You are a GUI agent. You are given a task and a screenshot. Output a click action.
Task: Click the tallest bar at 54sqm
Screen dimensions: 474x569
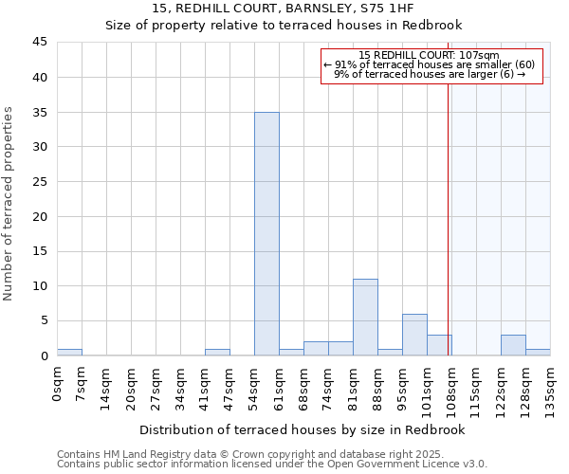pyautogui.click(x=266, y=234)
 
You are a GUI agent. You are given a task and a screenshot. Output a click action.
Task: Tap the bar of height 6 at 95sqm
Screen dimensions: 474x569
pyautogui.click(x=414, y=335)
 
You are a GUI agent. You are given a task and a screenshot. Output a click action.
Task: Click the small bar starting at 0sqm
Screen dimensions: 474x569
pyautogui.click(x=69, y=352)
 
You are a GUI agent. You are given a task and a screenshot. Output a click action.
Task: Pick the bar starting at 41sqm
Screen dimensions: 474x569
pyautogui.click(x=217, y=352)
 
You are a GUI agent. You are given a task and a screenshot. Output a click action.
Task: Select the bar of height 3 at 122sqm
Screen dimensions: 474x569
pyautogui.click(x=513, y=345)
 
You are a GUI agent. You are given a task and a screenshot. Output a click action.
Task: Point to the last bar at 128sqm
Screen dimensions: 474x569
pyautogui.click(x=538, y=352)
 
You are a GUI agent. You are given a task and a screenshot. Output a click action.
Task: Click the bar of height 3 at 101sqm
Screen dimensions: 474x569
pyautogui.click(x=439, y=345)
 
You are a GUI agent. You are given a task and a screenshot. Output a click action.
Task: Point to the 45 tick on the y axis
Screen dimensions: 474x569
pyautogui.click(x=39, y=43)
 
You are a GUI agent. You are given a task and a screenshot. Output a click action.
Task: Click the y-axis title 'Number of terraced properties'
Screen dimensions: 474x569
pyautogui.click(x=9, y=204)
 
